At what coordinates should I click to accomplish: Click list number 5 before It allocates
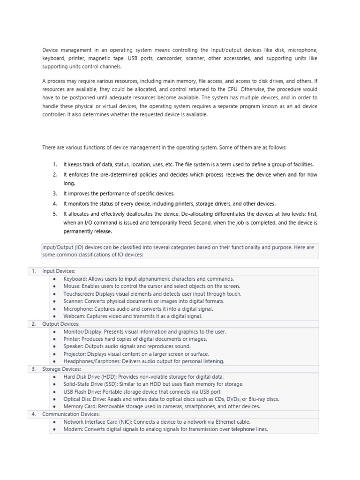[54, 213]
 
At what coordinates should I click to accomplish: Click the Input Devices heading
[59, 271]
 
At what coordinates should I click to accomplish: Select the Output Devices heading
[61, 324]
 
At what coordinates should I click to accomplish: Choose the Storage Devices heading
[62, 369]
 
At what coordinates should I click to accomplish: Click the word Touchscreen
[78, 294]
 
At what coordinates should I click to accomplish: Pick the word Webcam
[74, 316]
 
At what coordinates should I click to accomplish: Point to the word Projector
[75, 354]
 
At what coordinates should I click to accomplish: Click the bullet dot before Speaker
[54, 346]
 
